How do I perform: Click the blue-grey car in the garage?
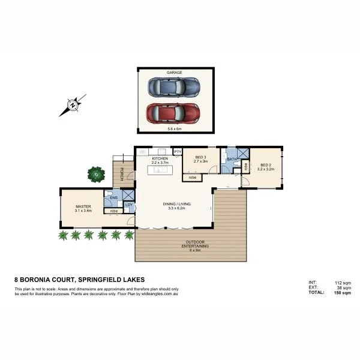point(173,87)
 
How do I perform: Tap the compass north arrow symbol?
point(72,106)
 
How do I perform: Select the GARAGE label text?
point(174,72)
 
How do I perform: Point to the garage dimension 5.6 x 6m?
point(174,128)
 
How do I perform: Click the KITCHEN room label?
point(160,158)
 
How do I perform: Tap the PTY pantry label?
point(178,152)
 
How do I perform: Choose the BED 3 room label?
point(200,158)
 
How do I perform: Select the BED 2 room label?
point(265,166)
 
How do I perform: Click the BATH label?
point(231,159)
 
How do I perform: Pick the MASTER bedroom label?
point(82,207)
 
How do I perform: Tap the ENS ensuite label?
point(113,197)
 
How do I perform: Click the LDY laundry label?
point(128,205)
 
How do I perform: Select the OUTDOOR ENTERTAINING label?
point(192,245)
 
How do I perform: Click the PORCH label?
point(122,174)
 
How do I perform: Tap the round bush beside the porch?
point(95,175)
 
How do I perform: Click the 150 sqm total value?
point(338,292)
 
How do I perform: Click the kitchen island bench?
point(161,170)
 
